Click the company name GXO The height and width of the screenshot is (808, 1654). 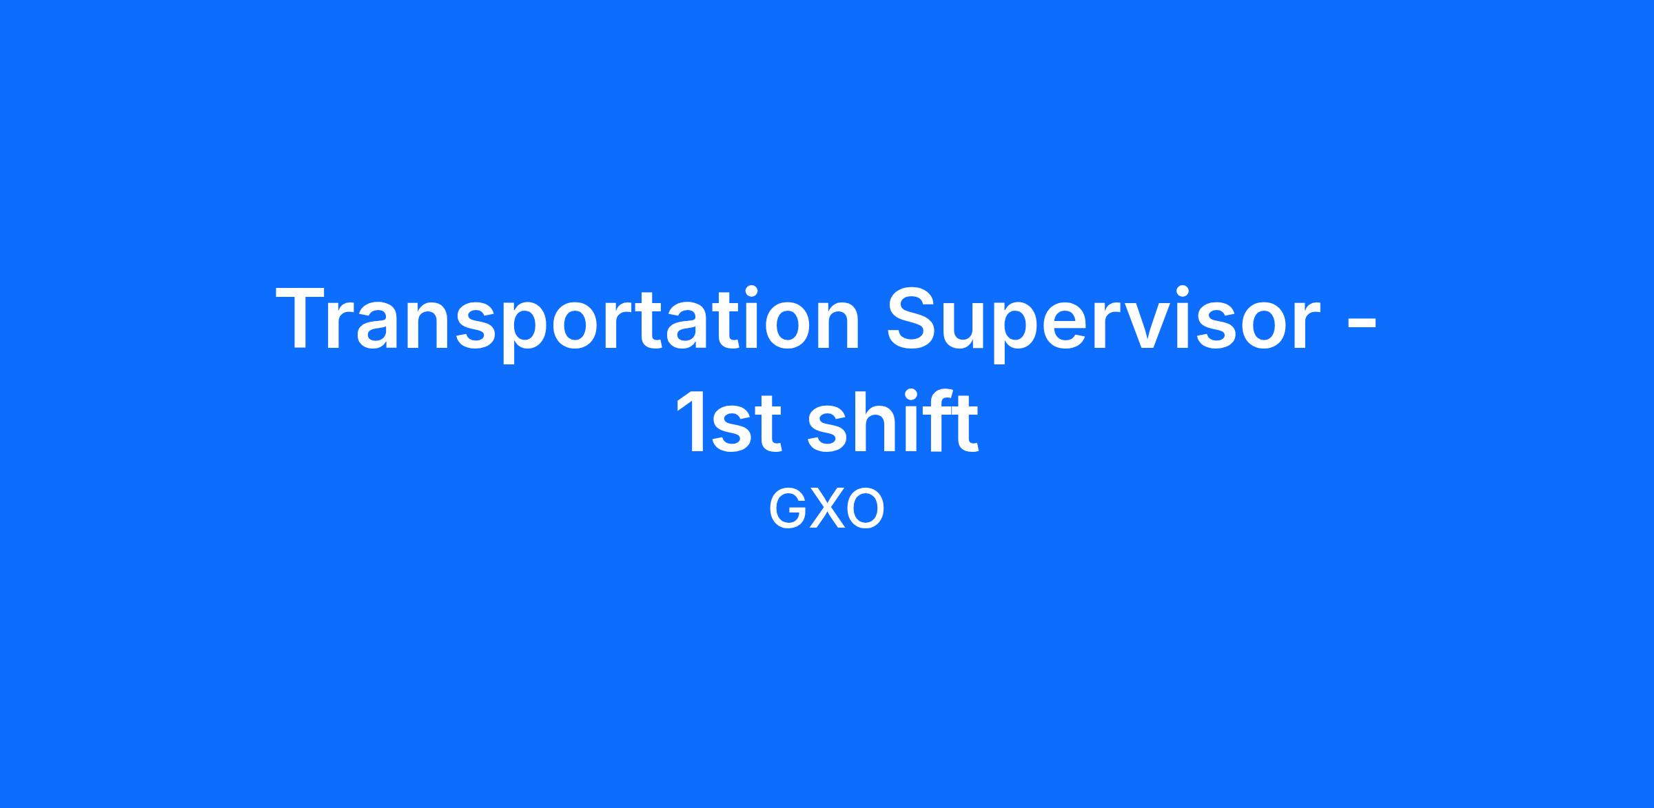click(826, 510)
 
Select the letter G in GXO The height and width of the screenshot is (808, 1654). click(786, 510)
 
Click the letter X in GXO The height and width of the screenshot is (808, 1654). click(825, 510)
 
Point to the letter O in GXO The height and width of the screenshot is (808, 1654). click(864, 510)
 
